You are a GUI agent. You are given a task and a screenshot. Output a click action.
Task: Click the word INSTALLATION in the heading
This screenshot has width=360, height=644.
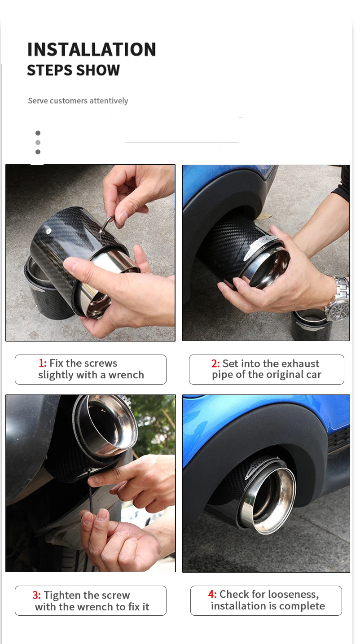pos(92,49)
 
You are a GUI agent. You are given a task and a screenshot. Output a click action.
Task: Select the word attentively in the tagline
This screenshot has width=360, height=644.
pos(109,101)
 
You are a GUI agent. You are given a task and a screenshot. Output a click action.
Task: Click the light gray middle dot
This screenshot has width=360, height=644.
pos(38,142)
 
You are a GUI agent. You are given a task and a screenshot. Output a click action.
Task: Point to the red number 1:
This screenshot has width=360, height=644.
pos(43,363)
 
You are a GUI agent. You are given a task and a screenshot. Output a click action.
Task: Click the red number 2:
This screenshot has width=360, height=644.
pos(215,364)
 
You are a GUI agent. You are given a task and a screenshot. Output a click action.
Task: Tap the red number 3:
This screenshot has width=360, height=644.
pos(37,595)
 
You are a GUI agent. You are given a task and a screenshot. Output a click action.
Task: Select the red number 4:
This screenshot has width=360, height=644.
pos(212,594)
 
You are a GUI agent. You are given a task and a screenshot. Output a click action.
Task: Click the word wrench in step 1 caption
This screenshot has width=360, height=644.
pos(126,375)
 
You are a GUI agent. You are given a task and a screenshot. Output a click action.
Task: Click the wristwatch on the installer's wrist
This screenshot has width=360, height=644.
pos(339,299)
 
